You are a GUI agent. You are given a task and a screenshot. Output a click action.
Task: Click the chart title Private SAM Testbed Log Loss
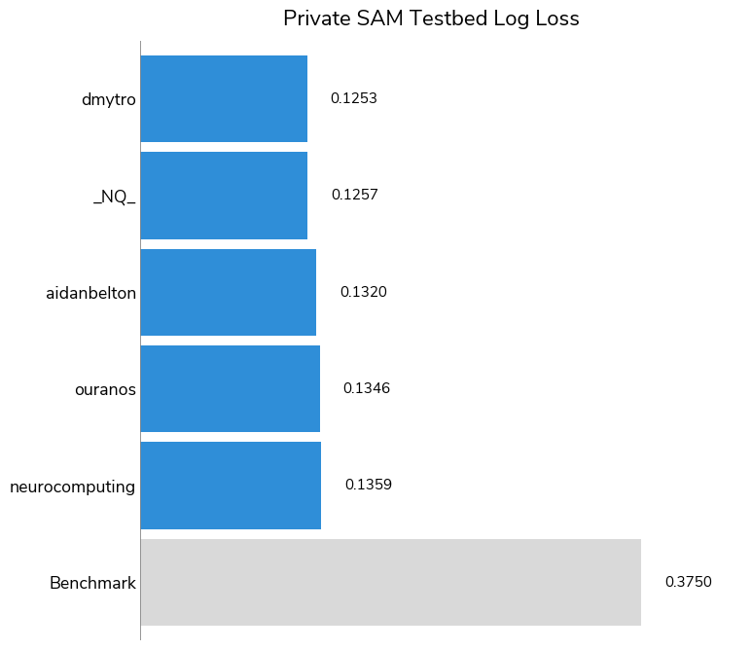point(431,18)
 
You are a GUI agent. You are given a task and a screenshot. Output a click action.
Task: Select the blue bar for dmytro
point(224,98)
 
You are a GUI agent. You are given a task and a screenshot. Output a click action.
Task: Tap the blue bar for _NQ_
point(224,195)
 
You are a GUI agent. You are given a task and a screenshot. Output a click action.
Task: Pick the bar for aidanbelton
point(229,292)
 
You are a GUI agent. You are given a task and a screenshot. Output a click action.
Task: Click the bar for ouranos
point(231,388)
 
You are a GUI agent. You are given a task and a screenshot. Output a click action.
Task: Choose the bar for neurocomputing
point(231,485)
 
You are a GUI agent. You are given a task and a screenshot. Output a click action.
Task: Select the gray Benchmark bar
point(390,582)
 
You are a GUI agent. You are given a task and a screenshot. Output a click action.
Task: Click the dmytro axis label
point(109,99)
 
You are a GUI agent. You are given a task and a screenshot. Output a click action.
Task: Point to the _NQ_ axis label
point(115,197)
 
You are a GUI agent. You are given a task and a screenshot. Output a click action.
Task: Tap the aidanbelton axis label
point(90,293)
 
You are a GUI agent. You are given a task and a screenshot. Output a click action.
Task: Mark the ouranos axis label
point(105,389)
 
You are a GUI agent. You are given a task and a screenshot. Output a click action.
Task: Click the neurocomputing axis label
point(73,487)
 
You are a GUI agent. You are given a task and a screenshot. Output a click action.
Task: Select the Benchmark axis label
point(92,584)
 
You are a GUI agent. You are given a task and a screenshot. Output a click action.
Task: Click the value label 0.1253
point(353,98)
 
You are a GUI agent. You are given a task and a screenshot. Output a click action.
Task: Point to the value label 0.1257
point(354,195)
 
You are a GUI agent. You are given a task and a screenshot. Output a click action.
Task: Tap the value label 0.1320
point(363,292)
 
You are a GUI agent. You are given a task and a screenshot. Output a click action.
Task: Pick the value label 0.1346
point(366,388)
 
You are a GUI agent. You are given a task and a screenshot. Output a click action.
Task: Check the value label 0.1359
point(368,485)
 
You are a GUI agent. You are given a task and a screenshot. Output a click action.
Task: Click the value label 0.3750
point(688,582)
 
